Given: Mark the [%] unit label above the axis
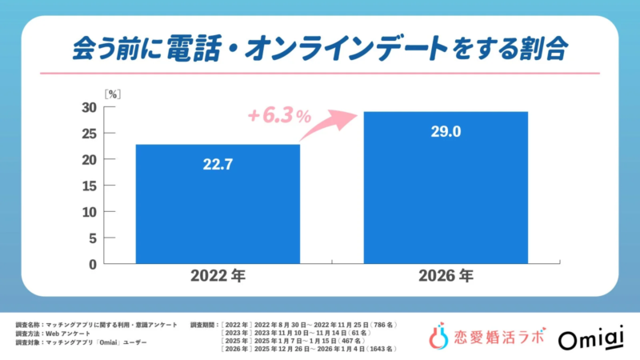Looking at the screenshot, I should pyautogui.click(x=113, y=93).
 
